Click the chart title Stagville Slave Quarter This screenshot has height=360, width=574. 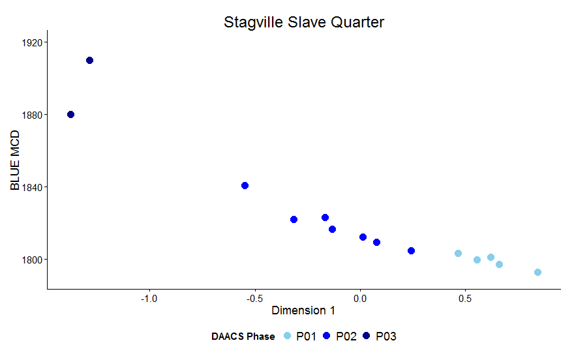304,22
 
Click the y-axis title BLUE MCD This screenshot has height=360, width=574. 16,160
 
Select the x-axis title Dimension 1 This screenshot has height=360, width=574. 303,310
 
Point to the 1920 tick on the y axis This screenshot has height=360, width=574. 30,42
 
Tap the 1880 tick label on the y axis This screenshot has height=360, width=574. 30,115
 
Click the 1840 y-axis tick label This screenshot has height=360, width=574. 30,187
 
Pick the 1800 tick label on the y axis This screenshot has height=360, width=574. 30,260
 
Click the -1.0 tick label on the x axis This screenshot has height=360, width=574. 149,298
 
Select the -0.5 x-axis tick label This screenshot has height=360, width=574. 254,298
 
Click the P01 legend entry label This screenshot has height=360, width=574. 306,337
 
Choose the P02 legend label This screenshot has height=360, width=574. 346,337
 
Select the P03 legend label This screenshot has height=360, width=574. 386,337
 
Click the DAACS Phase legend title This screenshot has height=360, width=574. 243,337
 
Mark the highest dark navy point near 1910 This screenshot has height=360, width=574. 89,61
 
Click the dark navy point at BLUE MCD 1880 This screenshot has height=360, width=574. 70,115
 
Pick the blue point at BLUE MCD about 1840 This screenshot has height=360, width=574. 245,186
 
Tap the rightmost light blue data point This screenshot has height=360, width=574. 537,273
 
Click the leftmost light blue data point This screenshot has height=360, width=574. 458,253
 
